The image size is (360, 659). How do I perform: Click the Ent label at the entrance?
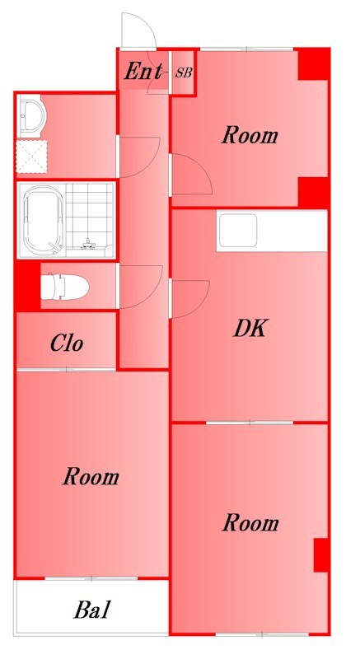(x=143, y=72)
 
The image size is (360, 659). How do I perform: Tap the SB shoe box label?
(x=184, y=72)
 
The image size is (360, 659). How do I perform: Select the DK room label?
(x=250, y=329)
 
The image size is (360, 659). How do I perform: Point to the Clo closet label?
(x=67, y=344)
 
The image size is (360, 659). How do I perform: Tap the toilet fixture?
(x=65, y=287)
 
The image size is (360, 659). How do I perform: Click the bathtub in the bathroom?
(x=44, y=221)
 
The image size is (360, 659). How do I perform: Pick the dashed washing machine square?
(x=31, y=157)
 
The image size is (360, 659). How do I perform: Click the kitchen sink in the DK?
(x=238, y=231)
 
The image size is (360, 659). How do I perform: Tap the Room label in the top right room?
(x=250, y=136)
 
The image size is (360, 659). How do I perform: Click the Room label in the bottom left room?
(x=91, y=477)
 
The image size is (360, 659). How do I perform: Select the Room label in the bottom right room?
(x=250, y=523)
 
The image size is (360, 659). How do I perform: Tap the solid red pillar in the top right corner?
(x=313, y=64)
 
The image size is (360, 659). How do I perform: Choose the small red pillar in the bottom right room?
(x=321, y=554)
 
